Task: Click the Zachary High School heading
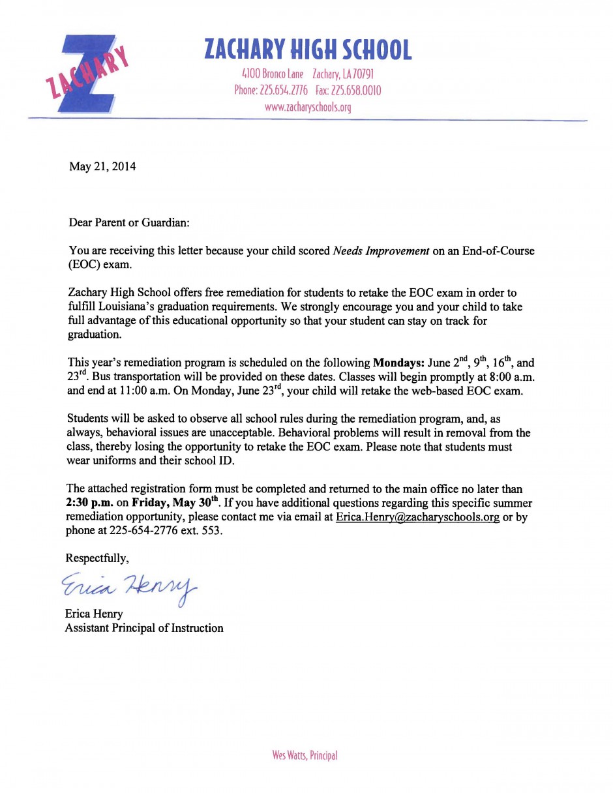pos(308,50)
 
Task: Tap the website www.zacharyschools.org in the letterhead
pos(308,108)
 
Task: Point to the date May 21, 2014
pos(102,166)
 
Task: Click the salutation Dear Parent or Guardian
pos(129,222)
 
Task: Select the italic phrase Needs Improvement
pos(381,251)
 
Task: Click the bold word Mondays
pos(398,363)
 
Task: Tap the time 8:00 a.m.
pos(505,378)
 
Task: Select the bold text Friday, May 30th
pos(176,503)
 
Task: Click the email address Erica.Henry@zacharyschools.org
pos(417,517)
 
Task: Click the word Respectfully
pos(97,558)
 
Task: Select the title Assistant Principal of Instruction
pos(144,628)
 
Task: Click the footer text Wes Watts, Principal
pos(305,756)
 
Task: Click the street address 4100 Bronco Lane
pos(273,74)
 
